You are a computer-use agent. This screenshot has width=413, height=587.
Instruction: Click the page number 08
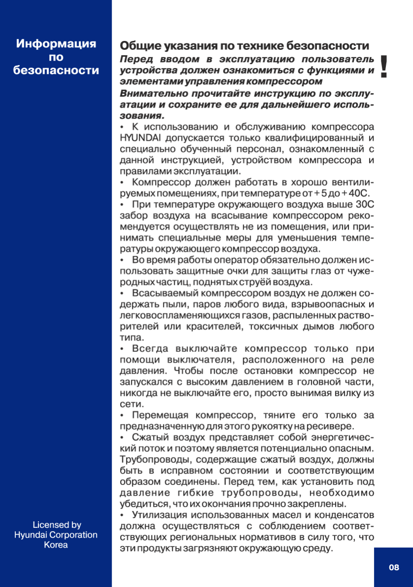pos(394,567)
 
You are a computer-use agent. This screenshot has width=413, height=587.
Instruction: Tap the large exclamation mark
pos(384,68)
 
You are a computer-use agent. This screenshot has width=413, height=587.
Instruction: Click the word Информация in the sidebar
pos(56,44)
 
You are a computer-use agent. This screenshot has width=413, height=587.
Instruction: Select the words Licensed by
pos(57,525)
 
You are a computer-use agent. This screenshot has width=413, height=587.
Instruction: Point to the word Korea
pos(56,545)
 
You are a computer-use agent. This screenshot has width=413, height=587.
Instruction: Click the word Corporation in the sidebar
pos(74,535)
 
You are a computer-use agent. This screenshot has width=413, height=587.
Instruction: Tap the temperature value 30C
pos(364,204)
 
